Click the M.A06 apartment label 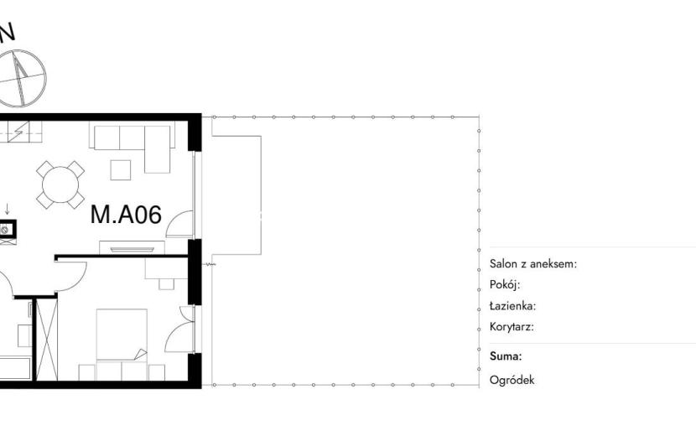click(x=126, y=215)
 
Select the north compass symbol click(x=20, y=78)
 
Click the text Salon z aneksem click(x=533, y=264)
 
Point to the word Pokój click(x=505, y=284)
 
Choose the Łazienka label click(x=512, y=306)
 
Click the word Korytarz click(x=512, y=327)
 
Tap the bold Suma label click(x=506, y=356)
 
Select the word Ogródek click(x=512, y=380)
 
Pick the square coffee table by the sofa click(x=120, y=170)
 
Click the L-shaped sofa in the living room click(x=132, y=146)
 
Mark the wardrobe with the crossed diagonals click(x=47, y=340)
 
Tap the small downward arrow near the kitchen click(x=7, y=209)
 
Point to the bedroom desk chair click(x=167, y=284)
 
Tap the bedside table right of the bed click(x=157, y=372)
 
